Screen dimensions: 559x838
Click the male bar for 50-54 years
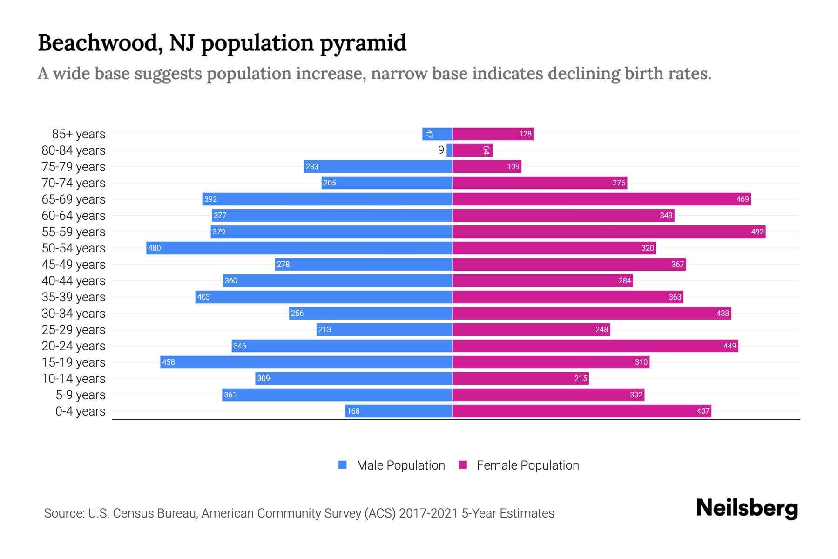(299, 248)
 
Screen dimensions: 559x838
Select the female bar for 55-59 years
(608, 232)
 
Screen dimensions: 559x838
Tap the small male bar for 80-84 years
(449, 150)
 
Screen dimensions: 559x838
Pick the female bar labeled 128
(493, 134)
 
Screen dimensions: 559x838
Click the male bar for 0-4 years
(399, 411)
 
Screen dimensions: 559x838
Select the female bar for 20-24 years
(595, 346)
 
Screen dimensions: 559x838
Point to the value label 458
(169, 362)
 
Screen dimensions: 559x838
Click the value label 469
(742, 199)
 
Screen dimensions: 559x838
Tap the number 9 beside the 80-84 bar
(441, 150)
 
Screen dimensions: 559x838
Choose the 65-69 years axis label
(74, 199)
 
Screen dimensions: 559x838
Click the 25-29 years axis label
(74, 329)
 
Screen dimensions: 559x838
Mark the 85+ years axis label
(79, 134)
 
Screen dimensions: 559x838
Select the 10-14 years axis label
(74, 378)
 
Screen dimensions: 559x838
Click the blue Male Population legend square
(343, 465)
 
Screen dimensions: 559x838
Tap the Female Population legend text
(527, 465)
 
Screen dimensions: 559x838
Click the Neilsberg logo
(747, 508)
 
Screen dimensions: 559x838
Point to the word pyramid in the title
(363, 43)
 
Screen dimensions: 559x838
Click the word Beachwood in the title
(100, 43)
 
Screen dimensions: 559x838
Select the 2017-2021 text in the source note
(428, 513)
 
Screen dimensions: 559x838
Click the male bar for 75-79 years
(378, 166)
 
